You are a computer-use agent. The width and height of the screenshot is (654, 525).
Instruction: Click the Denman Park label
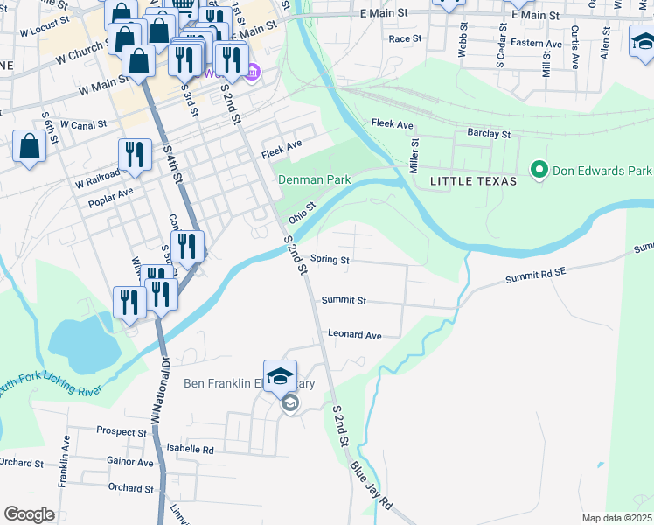pyautogui.click(x=314, y=179)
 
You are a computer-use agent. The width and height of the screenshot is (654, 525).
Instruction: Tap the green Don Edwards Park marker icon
pyautogui.click(x=539, y=170)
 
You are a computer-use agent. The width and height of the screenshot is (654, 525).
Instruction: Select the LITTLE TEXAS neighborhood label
pyautogui.click(x=473, y=180)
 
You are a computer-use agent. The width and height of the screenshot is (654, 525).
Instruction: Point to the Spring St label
pyautogui.click(x=330, y=260)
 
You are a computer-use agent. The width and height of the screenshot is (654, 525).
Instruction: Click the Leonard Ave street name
pyautogui.click(x=354, y=334)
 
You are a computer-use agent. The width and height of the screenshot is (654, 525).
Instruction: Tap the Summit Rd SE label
pyautogui.click(x=536, y=276)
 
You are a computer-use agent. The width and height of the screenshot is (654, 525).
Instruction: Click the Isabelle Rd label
pyautogui.click(x=190, y=449)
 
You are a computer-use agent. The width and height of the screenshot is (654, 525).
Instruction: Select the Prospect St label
pyautogui.click(x=122, y=432)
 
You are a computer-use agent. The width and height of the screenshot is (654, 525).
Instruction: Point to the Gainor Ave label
pyautogui.click(x=129, y=461)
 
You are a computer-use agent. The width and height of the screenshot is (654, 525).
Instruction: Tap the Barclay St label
pyautogui.click(x=488, y=134)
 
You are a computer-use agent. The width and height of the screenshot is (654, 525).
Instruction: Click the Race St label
pyautogui.click(x=405, y=38)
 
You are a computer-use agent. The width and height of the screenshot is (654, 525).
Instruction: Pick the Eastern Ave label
pyautogui.click(x=536, y=42)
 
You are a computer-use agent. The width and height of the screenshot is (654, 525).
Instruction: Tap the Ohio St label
pyautogui.click(x=301, y=212)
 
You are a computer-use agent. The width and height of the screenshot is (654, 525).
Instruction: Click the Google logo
pyautogui.click(x=29, y=514)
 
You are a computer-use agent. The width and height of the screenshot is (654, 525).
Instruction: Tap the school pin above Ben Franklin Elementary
pyautogui.click(x=280, y=376)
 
